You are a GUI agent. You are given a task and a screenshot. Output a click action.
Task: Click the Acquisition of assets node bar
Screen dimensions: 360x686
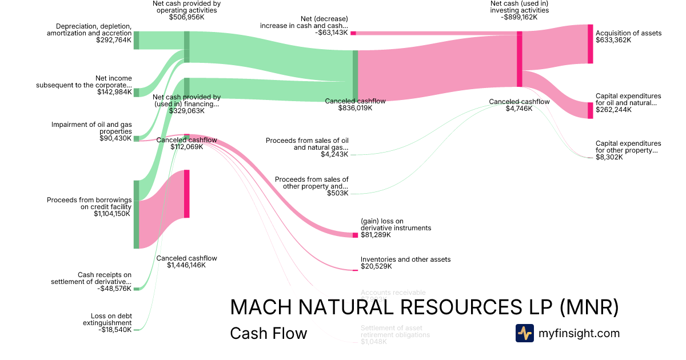[x=591, y=44]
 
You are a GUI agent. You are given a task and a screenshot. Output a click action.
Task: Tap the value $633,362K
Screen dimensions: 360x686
[x=613, y=41]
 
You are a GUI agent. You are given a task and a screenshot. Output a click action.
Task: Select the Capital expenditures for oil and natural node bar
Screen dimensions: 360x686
[x=591, y=110]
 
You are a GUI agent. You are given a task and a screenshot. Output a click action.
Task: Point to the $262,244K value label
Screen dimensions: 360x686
[x=613, y=110]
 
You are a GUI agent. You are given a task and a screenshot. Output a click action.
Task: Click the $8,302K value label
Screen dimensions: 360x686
[x=609, y=157]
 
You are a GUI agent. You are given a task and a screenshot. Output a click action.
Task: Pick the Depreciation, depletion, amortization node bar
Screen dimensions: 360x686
[x=137, y=40]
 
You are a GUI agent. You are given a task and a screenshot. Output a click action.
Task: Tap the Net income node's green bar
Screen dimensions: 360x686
[x=137, y=93]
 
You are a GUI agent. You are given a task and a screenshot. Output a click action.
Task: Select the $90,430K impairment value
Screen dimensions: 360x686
[x=115, y=138]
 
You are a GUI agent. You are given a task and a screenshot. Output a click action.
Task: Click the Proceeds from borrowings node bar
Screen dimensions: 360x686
[x=137, y=214]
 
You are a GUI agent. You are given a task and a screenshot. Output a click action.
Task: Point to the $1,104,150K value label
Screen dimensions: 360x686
[x=112, y=214]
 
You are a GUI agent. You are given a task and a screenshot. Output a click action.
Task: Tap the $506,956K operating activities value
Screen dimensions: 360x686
[x=186, y=18]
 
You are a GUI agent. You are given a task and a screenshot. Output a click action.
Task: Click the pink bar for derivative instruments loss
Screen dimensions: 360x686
[x=355, y=235]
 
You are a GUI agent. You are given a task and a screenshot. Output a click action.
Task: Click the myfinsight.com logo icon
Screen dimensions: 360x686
[x=524, y=333]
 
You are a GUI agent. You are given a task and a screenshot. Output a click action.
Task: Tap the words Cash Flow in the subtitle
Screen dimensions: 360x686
[x=268, y=333]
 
